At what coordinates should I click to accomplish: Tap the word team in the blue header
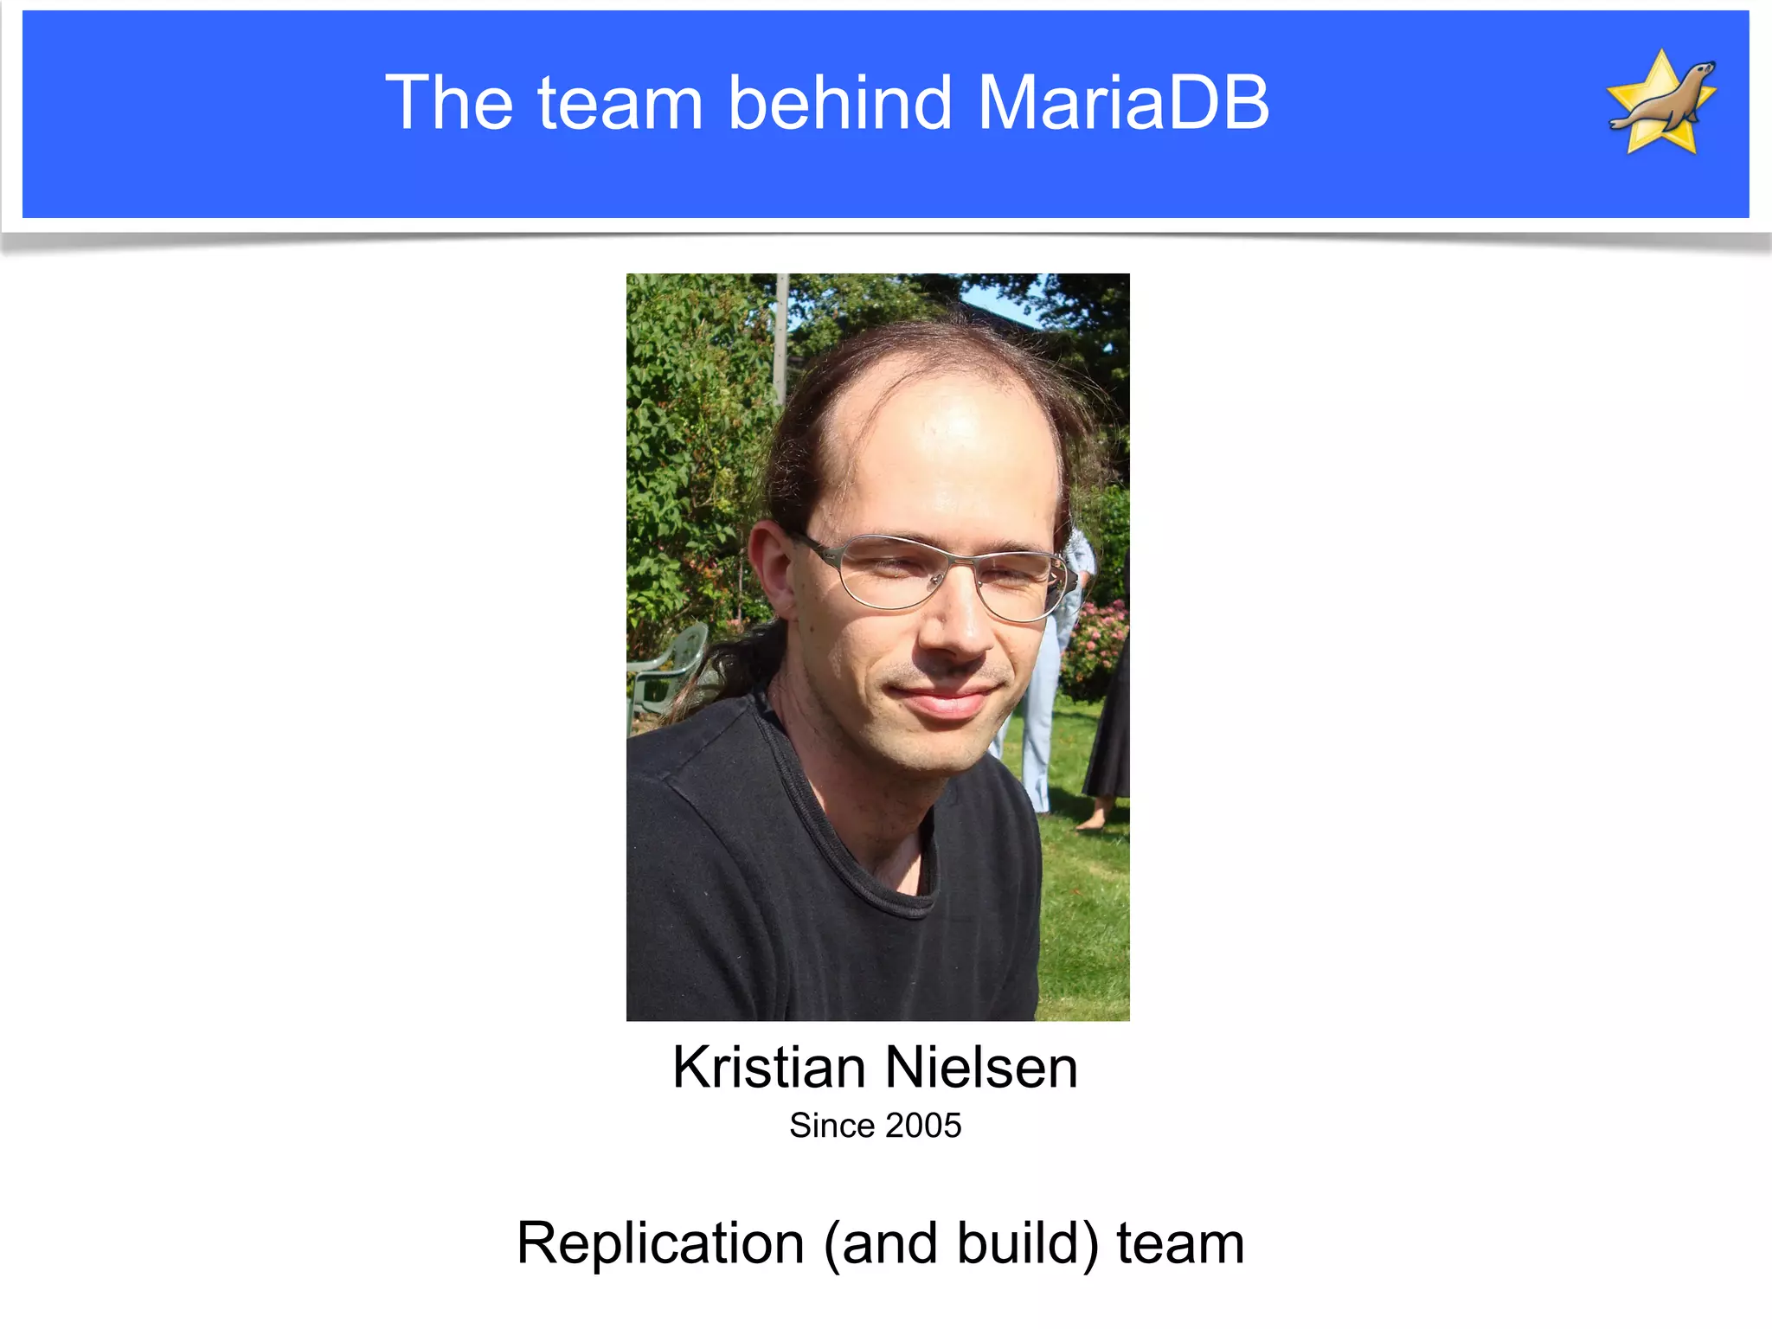click(x=620, y=103)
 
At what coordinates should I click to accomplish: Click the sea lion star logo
click(x=1661, y=102)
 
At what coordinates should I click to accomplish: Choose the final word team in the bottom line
click(x=1180, y=1243)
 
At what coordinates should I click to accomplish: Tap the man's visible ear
click(x=772, y=571)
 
